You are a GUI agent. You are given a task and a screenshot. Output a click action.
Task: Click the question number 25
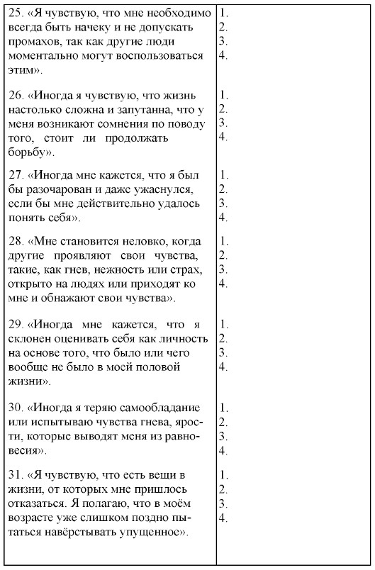[15, 13]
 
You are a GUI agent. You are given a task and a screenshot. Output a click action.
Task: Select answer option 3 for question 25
[223, 43]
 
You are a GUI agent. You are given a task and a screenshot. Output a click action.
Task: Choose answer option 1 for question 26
[223, 94]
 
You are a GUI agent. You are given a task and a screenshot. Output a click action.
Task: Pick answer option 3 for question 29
[223, 352]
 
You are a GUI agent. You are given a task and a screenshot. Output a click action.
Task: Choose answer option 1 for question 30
[223, 408]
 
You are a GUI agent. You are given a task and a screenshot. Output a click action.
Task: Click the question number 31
[15, 473]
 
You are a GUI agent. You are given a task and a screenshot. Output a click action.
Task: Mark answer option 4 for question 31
[223, 517]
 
